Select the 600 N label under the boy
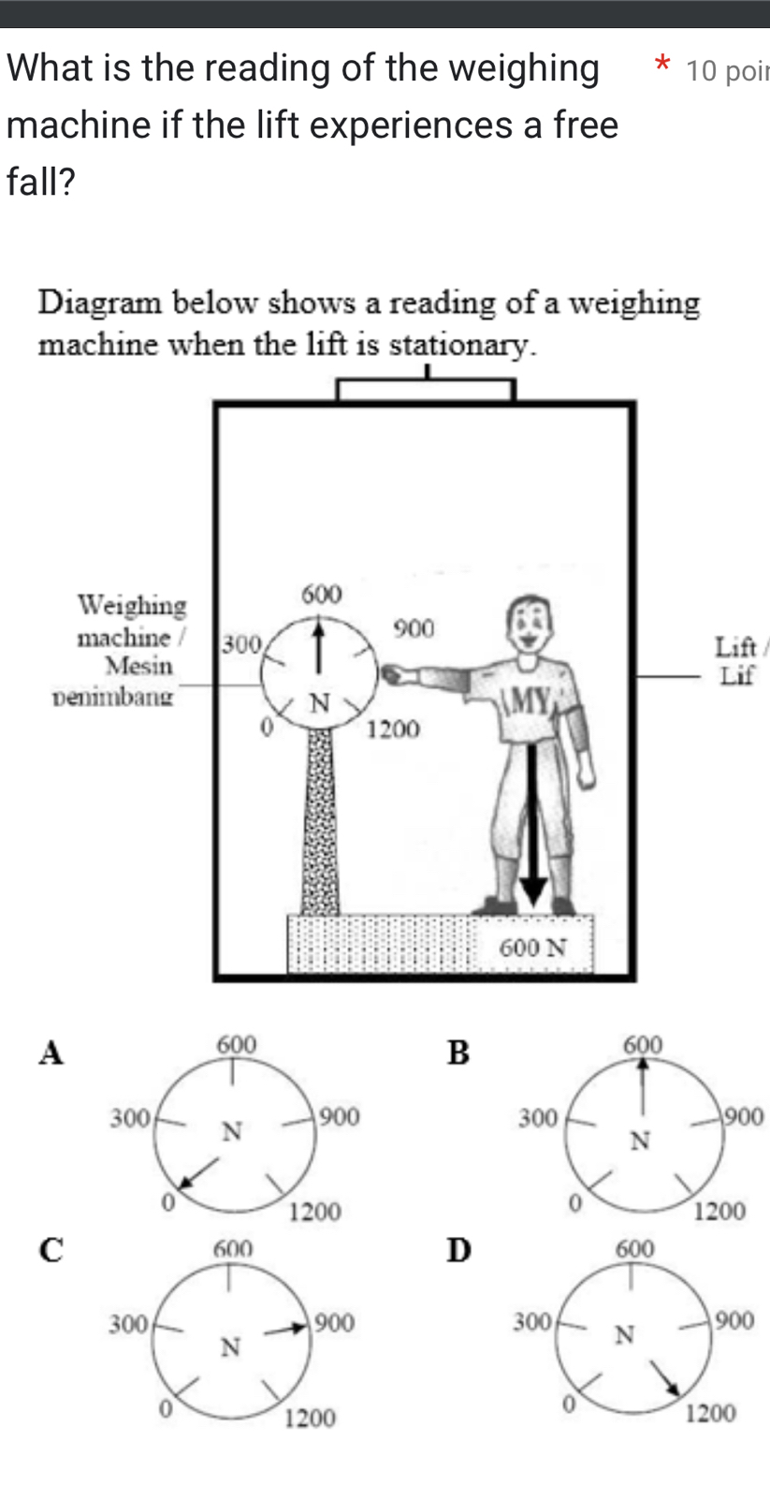pos(533,948)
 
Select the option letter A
pos(51,1052)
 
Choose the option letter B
pos(458,1052)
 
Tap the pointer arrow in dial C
pos(288,1327)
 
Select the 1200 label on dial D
pos(710,1413)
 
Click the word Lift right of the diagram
pos(735,647)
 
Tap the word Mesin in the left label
pos(139,667)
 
